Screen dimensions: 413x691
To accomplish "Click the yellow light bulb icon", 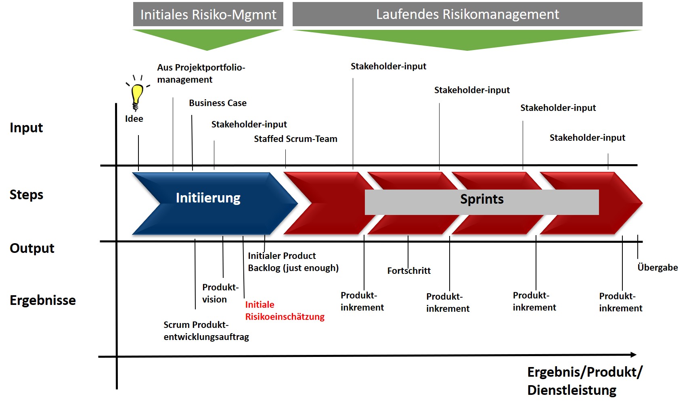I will pos(137,95).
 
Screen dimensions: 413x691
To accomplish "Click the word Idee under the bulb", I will pos(134,119).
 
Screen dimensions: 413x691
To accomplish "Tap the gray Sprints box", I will pos(482,202).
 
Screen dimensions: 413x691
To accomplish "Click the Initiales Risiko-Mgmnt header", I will pos(208,15).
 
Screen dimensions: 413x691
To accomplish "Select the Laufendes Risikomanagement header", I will pos(467,15).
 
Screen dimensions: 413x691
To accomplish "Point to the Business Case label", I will pos(218,103).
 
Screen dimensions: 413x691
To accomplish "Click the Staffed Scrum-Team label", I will pos(295,139).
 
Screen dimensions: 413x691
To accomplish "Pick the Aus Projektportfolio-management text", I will pos(201,73).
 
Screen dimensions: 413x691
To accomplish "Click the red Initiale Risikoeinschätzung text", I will pos(285,311).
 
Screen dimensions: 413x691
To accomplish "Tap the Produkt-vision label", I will pos(220,293).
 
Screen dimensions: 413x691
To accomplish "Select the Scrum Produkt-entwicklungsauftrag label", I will pos(206,331).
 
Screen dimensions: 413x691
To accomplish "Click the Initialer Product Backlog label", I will pos(293,262).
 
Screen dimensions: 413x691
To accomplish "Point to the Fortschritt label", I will pos(409,271).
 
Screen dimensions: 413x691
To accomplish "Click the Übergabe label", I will pos(657,268).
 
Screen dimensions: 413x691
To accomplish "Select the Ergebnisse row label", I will pos(42,300).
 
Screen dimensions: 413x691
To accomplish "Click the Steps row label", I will pos(26,195).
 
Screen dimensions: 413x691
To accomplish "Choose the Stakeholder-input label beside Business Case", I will pos(249,125).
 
